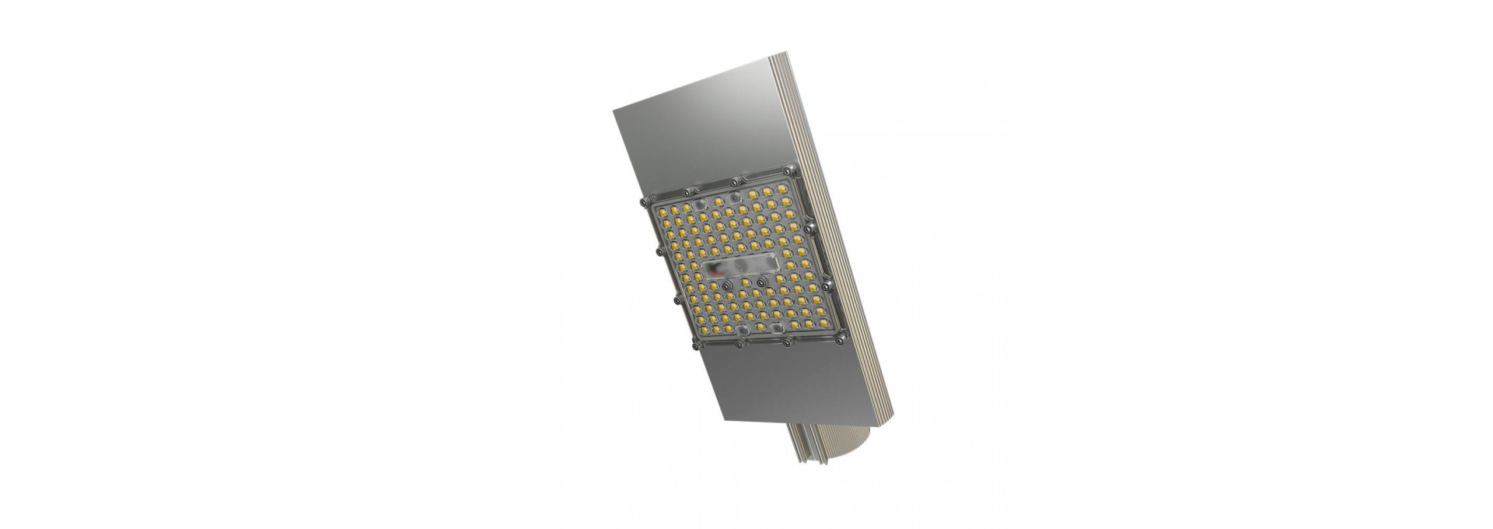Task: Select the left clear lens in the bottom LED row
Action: pos(743,330)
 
